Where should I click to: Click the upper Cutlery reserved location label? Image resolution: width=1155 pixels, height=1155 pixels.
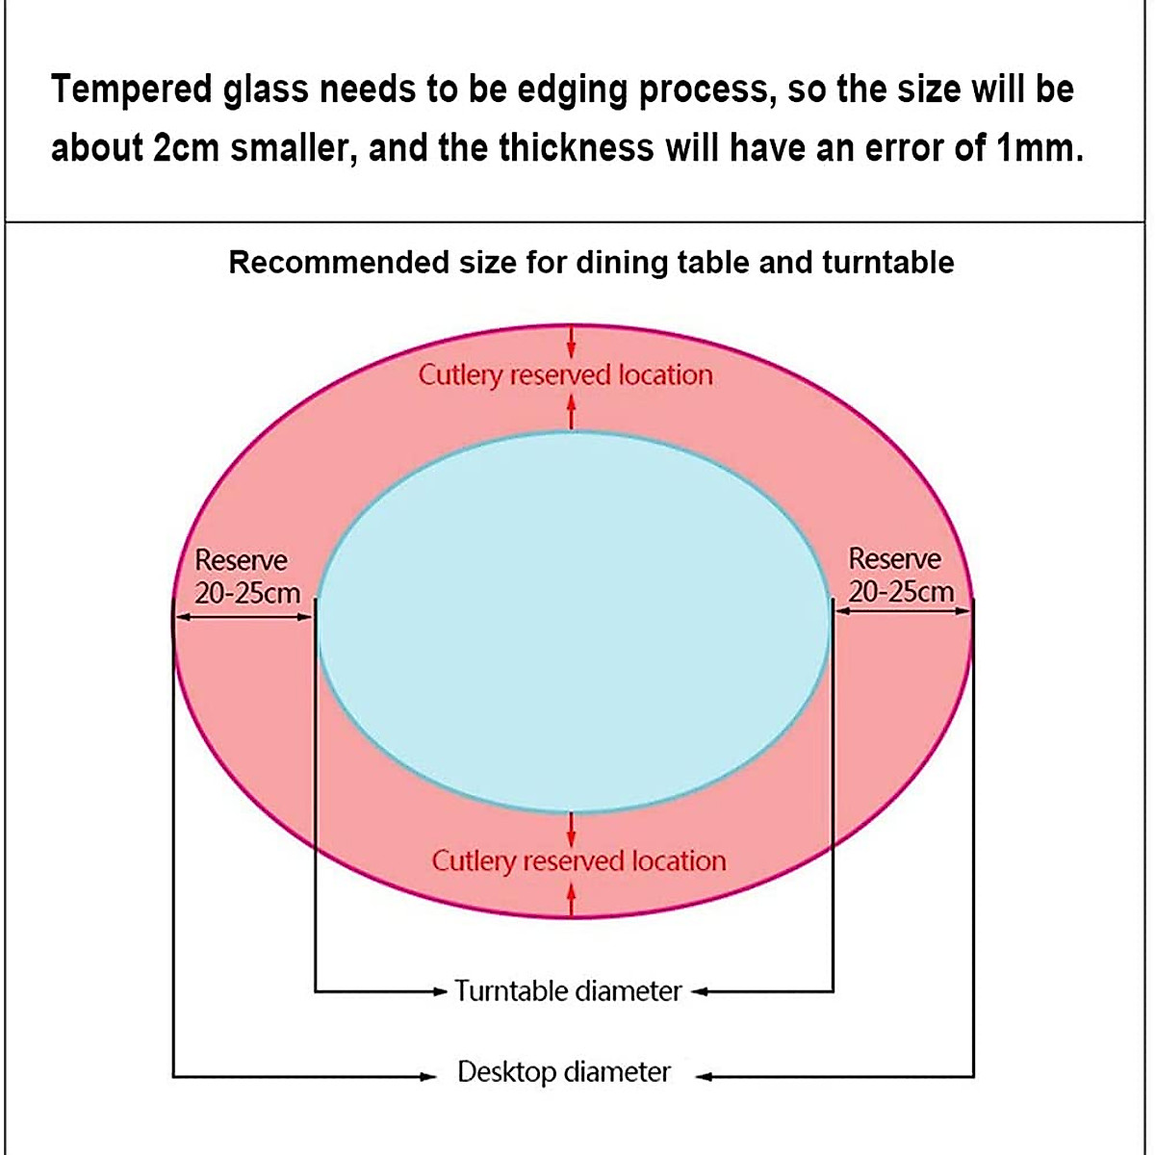[x=566, y=374]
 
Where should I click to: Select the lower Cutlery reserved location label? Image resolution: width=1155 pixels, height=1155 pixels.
[x=578, y=860]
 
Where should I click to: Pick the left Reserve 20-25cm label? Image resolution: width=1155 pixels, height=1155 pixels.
[x=246, y=576]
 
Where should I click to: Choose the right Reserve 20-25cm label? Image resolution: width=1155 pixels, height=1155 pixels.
[x=900, y=574]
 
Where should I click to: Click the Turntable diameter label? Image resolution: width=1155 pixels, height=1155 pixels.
[x=568, y=990]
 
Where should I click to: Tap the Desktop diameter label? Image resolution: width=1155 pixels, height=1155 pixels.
[x=564, y=1072]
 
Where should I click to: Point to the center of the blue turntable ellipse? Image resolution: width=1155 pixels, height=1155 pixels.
[x=574, y=621]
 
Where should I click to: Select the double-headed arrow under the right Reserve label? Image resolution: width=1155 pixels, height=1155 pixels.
[x=903, y=610]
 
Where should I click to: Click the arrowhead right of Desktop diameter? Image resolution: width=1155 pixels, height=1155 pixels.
[x=704, y=1077]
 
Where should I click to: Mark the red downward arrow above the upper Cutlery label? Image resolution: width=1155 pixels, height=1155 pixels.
[x=572, y=343]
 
